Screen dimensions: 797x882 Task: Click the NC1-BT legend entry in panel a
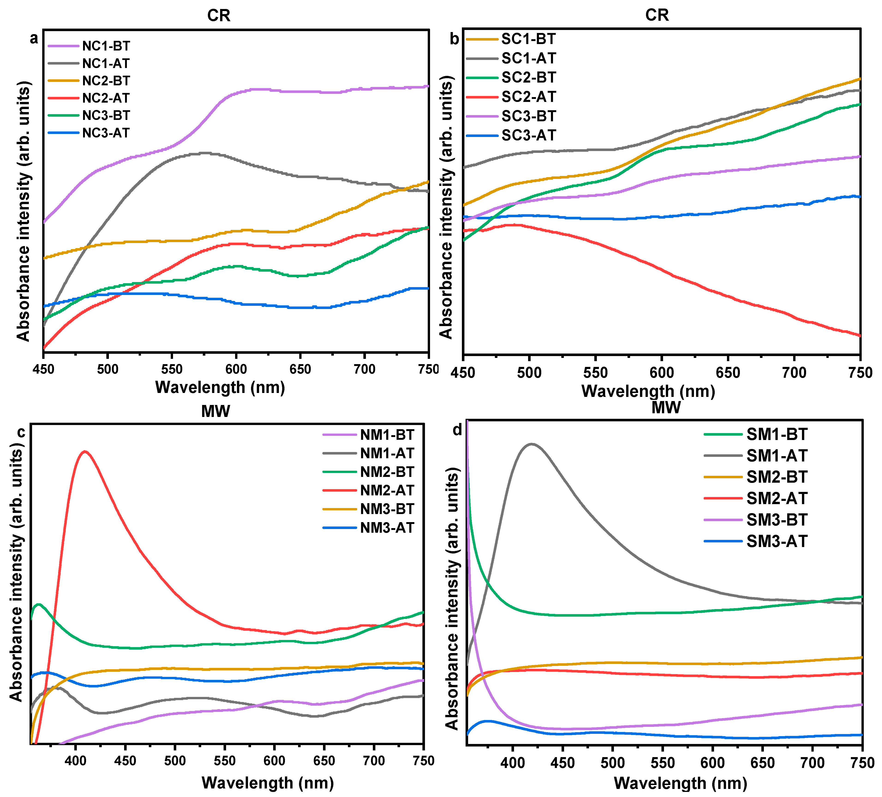tap(106, 46)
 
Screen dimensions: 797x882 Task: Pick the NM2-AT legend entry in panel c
tap(387, 490)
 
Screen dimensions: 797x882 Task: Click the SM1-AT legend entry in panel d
tap(777, 456)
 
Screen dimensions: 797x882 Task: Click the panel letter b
tap(454, 39)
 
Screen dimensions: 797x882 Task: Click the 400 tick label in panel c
tap(76, 760)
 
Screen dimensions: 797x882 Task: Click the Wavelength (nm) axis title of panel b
tap(648, 391)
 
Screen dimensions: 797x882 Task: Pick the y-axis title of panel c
tap(16, 573)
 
